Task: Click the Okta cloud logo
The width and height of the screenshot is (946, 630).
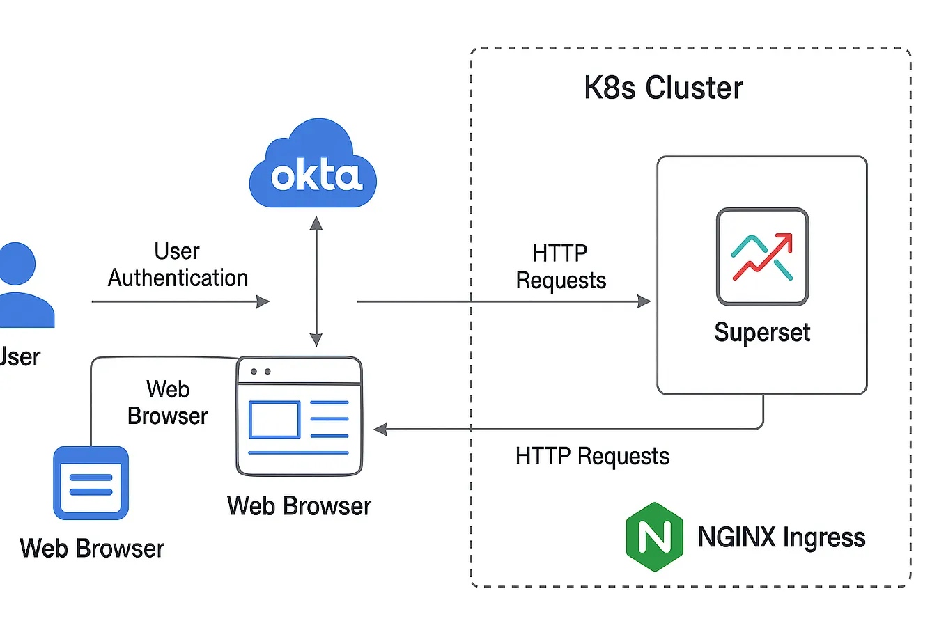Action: (313, 167)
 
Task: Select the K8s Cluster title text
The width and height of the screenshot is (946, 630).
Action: (662, 88)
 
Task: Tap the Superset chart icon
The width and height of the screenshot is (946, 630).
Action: (762, 256)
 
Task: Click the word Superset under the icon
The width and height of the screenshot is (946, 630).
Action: (762, 333)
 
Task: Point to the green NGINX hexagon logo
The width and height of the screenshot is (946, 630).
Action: (654, 537)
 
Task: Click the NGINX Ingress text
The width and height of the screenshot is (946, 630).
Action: (781, 537)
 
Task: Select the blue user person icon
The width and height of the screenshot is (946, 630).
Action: (21, 285)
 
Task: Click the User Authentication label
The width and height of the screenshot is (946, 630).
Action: (178, 265)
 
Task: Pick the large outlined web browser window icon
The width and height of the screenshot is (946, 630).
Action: (300, 416)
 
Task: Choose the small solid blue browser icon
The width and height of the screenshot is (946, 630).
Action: (91, 483)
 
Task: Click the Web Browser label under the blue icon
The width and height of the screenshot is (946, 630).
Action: (92, 549)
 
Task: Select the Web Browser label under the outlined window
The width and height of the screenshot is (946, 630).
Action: (299, 506)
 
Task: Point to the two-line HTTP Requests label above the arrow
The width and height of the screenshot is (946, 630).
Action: (561, 267)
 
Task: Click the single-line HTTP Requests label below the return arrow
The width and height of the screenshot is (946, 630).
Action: (592, 457)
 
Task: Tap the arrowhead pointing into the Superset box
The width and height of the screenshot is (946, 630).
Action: (645, 301)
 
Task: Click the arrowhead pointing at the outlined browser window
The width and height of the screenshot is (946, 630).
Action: (380, 430)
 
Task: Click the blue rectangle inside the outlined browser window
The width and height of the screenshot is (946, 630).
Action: (274, 419)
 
